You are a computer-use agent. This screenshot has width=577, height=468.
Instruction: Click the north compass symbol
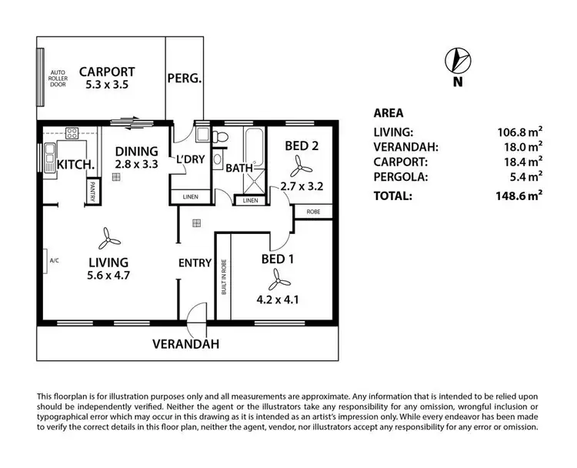pyautogui.click(x=457, y=60)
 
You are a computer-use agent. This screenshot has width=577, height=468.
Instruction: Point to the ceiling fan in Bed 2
pyautogui.click(x=297, y=165)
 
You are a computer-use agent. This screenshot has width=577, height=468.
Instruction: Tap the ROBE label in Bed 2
pyautogui.click(x=313, y=211)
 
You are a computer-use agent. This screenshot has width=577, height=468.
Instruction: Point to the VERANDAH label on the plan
pyautogui.click(x=185, y=344)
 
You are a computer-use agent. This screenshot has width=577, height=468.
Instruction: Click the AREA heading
pyautogui.click(x=388, y=112)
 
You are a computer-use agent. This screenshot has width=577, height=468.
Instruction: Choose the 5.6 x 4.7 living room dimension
pyautogui.click(x=107, y=275)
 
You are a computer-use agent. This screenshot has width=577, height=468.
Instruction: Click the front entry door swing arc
pyautogui.click(x=198, y=312)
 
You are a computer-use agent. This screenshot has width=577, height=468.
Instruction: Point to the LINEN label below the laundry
pyautogui.click(x=191, y=197)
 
